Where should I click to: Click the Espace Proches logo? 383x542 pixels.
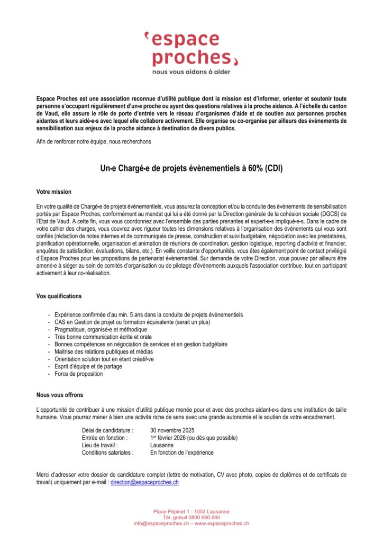[x=191, y=49]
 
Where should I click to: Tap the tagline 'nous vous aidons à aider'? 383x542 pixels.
[x=191, y=71]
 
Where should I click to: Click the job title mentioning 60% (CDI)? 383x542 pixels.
[x=191, y=169]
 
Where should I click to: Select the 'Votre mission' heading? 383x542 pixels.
[x=54, y=192]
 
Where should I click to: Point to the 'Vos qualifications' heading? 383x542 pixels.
[x=59, y=296]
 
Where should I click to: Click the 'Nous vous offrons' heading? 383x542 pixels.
[x=60, y=395]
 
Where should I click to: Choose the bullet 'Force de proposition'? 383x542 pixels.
[x=79, y=374]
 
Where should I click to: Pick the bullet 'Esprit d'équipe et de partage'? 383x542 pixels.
[x=88, y=366]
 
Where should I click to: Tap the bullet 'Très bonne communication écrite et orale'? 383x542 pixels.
[x=103, y=337]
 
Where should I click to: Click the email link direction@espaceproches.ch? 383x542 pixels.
[x=144, y=482]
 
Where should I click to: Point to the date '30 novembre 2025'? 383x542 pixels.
[x=173, y=430]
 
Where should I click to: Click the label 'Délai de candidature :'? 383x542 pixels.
[x=107, y=430]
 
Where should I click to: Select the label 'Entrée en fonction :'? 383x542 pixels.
[x=105, y=438]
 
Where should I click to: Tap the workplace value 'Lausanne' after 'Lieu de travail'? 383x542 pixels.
[x=162, y=445]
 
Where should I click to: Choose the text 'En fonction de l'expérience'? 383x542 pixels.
[x=182, y=453]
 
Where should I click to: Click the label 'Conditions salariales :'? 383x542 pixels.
[x=108, y=453]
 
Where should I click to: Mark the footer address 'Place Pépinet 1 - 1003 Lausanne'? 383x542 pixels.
[x=191, y=511]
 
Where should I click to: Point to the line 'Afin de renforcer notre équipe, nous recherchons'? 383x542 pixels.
[x=94, y=141]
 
